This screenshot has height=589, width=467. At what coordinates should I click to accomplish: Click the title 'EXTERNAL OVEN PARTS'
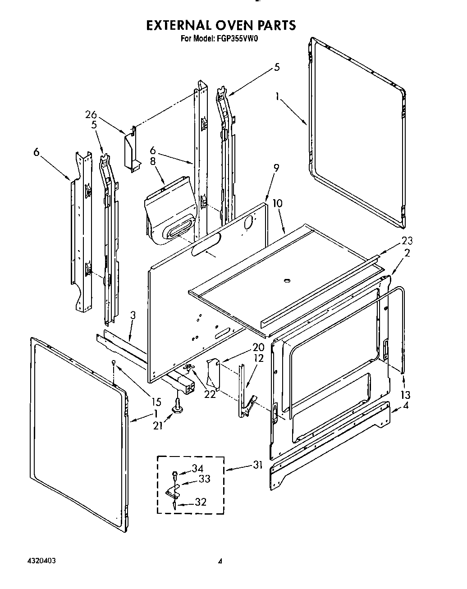click(x=220, y=25)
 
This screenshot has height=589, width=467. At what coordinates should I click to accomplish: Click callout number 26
click(x=91, y=115)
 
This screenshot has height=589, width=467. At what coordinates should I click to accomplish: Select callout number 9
click(x=276, y=168)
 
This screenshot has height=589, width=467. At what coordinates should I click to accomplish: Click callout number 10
click(x=278, y=203)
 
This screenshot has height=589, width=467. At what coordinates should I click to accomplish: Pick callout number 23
click(x=407, y=241)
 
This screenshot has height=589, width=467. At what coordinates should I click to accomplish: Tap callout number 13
click(x=405, y=395)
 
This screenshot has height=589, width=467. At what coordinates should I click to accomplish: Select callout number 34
click(x=197, y=469)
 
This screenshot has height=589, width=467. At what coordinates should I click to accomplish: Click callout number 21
click(x=157, y=425)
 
